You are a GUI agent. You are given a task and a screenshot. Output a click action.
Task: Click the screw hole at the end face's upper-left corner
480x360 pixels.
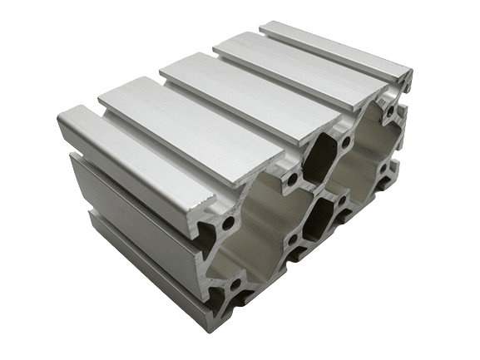tap(228, 223)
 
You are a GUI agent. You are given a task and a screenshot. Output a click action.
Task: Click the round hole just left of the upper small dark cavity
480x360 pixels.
tap(293, 177)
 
